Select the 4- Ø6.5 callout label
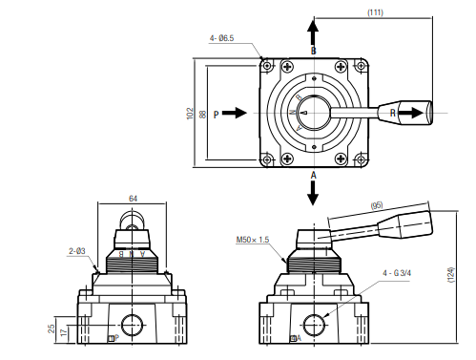pos(223,38)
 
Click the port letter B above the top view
pos(313,49)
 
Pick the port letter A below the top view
pos(313,176)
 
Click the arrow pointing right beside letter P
pos(236,113)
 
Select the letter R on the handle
pos(393,113)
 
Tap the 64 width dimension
pos(133,199)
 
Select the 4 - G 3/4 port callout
pos(396,272)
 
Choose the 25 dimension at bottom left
pos(51,328)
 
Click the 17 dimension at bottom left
pos(64,333)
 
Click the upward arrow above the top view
pos(313,27)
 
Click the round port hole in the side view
pos(312,323)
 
